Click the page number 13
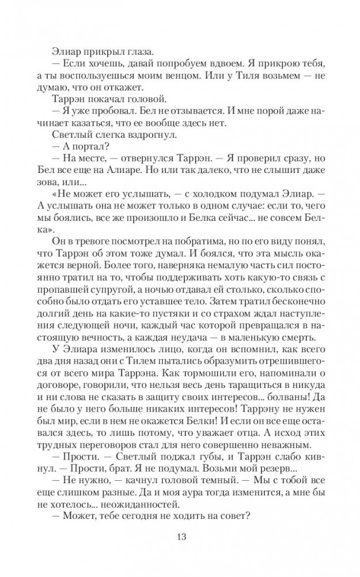pos(180,538)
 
